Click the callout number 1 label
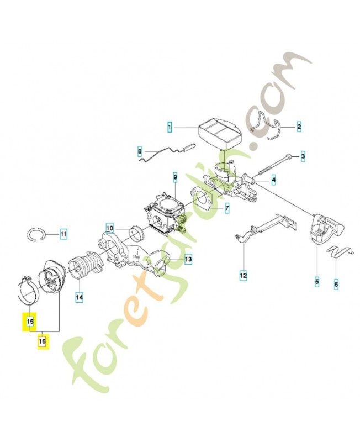point(170,128)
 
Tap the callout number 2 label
point(299,127)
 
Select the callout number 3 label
point(303,156)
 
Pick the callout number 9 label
point(175,177)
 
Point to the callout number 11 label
point(63,234)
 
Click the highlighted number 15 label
point(30,321)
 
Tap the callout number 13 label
point(188,259)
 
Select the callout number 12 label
point(243,275)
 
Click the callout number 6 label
point(336,285)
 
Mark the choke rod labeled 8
point(166,152)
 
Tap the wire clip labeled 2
point(267,125)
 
